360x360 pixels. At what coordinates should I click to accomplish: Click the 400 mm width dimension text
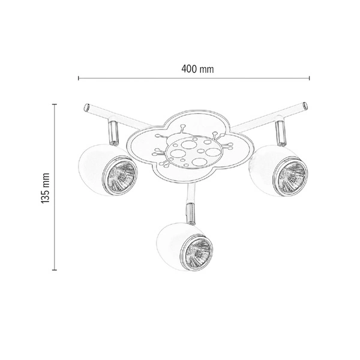[x=198, y=69]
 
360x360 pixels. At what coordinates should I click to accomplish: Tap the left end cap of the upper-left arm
[x=86, y=107]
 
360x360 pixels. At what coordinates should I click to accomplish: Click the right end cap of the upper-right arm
[x=304, y=106]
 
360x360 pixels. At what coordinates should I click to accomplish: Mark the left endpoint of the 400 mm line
[x=79, y=78]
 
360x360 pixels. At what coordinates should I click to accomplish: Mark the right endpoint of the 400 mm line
[x=310, y=78]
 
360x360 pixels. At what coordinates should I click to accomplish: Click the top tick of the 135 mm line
[x=55, y=103]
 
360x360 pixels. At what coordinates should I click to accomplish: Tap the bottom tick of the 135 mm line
[x=55, y=270]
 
